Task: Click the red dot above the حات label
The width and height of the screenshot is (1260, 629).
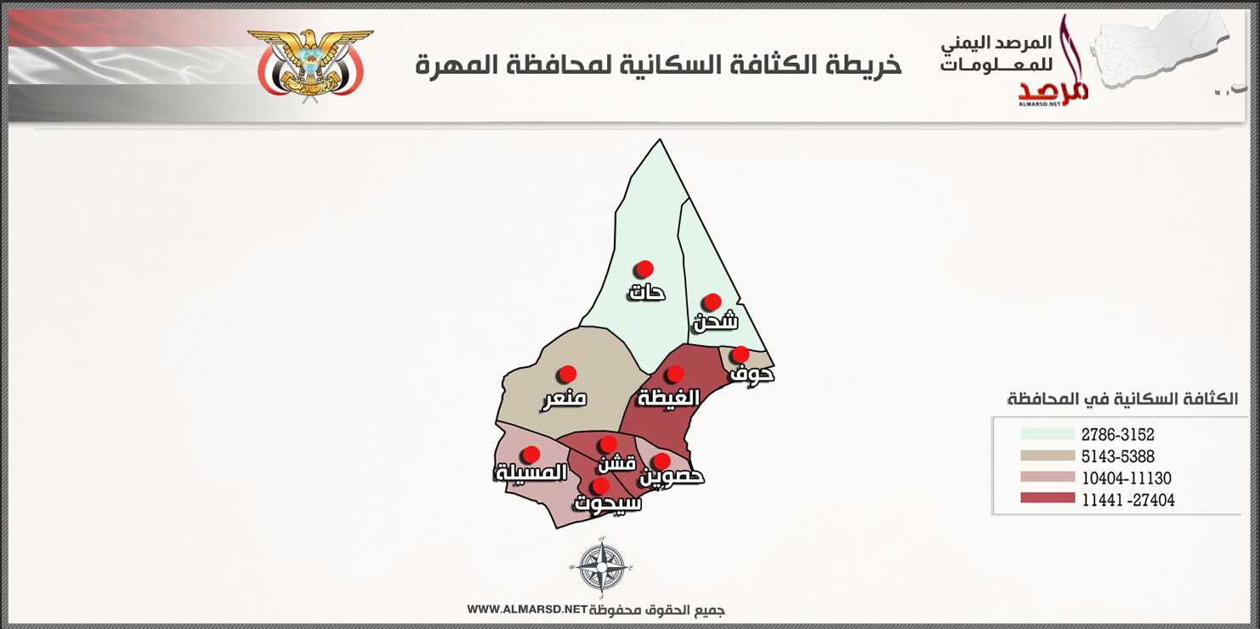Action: click(x=644, y=269)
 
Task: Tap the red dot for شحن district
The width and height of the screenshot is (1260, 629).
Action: click(x=712, y=302)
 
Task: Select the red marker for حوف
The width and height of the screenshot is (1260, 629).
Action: click(x=741, y=354)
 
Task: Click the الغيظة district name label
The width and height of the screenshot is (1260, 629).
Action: click(x=668, y=397)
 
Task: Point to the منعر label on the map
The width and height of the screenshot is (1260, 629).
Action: click(x=565, y=399)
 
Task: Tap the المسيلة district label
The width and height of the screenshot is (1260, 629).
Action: click(x=531, y=472)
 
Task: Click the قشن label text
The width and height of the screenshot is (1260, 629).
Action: click(x=617, y=463)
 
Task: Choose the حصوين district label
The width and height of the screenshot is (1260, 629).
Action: click(x=672, y=477)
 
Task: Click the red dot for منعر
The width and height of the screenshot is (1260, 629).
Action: click(x=567, y=374)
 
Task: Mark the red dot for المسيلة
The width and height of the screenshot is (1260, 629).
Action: click(x=531, y=454)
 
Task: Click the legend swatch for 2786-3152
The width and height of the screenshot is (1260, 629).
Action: click(x=1047, y=433)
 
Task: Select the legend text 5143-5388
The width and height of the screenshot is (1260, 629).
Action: click(x=1118, y=456)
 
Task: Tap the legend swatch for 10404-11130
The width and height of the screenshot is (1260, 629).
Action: click(x=1047, y=477)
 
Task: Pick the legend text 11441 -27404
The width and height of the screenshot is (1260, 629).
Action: click(x=1128, y=500)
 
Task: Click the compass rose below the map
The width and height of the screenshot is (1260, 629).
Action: click(x=601, y=567)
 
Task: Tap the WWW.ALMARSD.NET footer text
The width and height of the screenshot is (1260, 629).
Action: click(x=527, y=609)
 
